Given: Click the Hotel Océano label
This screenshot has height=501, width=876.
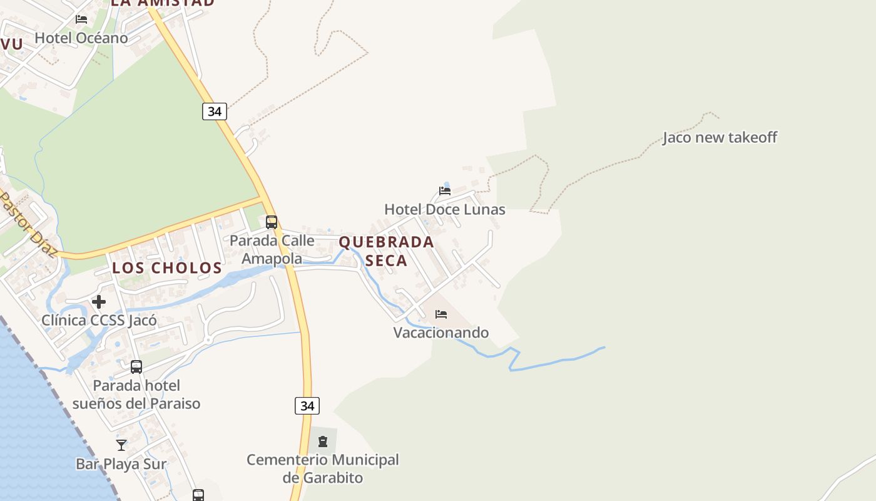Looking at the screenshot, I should click(x=81, y=38).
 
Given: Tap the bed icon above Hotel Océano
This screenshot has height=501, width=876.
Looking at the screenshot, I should click(x=81, y=19).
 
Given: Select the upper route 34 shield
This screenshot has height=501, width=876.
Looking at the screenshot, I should click(x=214, y=111).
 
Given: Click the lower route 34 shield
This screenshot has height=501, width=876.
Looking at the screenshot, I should click(x=307, y=406).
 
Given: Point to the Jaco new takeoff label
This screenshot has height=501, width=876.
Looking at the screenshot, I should click(x=720, y=138).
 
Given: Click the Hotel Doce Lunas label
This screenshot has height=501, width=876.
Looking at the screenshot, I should click(x=444, y=209).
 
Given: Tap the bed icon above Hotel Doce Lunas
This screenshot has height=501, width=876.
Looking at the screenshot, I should click(x=445, y=190).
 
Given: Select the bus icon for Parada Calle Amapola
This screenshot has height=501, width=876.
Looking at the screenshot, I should click(x=272, y=222).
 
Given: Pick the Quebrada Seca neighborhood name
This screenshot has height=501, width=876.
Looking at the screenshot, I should click(x=386, y=251).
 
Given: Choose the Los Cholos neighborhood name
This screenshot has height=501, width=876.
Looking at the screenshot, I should click(x=167, y=268).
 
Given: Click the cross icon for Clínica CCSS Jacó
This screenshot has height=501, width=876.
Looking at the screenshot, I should click(x=99, y=302).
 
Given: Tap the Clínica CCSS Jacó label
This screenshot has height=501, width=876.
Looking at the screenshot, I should click(x=99, y=321).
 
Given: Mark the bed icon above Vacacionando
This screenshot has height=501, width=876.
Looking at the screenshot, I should click(x=441, y=314).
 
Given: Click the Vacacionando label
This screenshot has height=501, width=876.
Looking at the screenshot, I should click(x=441, y=333).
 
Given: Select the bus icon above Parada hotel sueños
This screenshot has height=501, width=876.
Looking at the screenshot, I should click(x=136, y=367).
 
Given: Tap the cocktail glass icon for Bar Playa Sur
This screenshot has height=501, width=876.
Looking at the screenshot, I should click(x=121, y=445).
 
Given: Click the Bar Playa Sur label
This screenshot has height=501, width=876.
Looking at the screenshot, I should click(x=121, y=464).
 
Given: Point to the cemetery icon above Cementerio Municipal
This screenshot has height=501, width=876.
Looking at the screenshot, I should click(x=323, y=442).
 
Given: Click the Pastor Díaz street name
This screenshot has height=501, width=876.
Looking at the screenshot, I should click(x=28, y=225).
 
